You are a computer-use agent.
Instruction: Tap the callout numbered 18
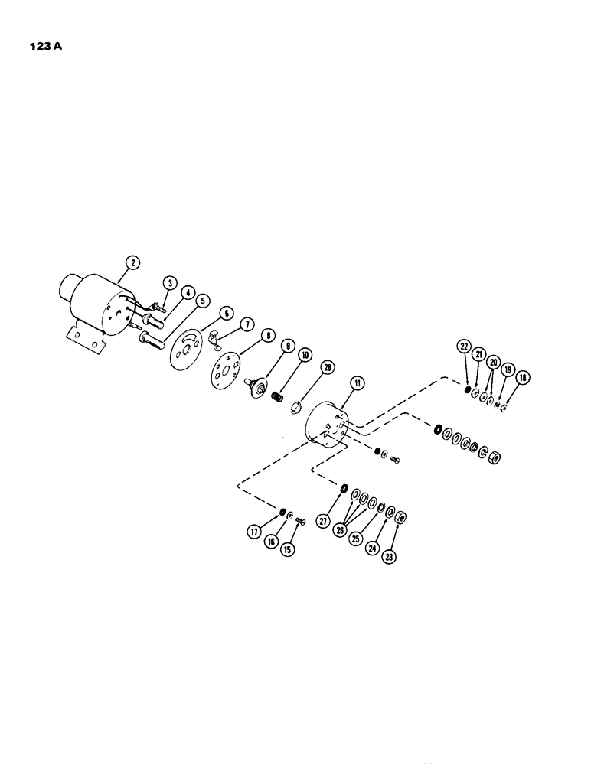pos(525,377)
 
